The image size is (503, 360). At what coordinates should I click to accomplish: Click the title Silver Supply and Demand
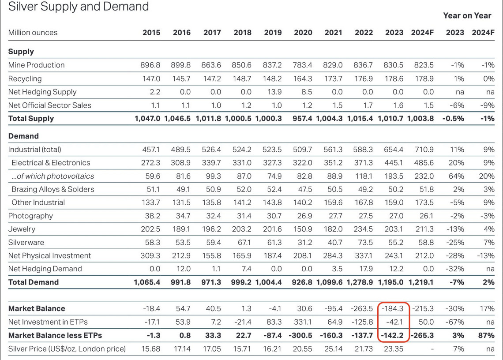pyautogui.click(x=79, y=7)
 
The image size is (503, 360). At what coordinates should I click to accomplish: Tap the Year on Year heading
pyautogui.click(x=467, y=15)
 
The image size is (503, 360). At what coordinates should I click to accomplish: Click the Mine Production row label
pyautogui.click(x=36, y=65)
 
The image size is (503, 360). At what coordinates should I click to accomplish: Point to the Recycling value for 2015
pyautogui.click(x=150, y=79)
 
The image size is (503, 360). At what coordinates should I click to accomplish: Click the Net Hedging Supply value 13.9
pyautogui.click(x=274, y=92)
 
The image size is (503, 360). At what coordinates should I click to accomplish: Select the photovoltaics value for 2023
pyautogui.click(x=394, y=176)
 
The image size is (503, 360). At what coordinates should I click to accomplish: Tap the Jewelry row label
pyautogui.click(x=22, y=229)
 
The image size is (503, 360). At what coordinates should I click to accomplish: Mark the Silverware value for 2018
pyautogui.click(x=244, y=242)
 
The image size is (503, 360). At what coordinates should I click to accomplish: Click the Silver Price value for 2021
pyautogui.click(x=333, y=349)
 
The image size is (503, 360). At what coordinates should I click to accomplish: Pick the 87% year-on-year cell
pyautogui.click(x=486, y=335)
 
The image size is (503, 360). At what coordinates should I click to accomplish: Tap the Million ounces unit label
pyautogui.click(x=33, y=32)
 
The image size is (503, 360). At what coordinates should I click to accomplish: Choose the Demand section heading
pyautogui.click(x=23, y=136)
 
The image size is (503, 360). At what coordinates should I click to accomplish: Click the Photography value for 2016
pyautogui.click(x=182, y=216)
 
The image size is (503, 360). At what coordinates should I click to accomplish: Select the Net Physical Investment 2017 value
pyautogui.click(x=212, y=255)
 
